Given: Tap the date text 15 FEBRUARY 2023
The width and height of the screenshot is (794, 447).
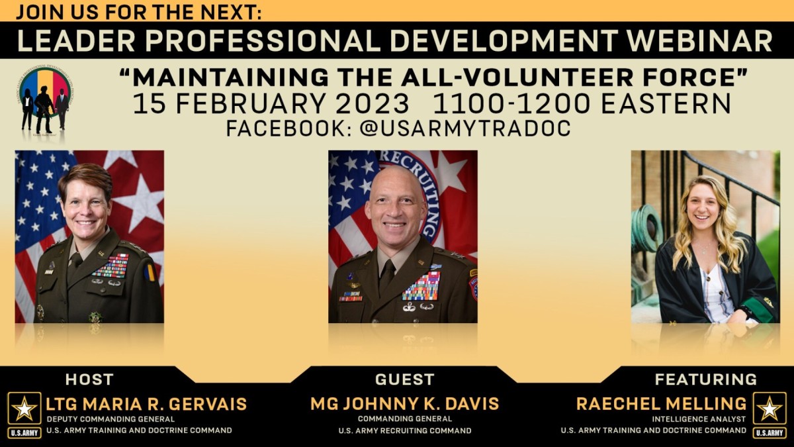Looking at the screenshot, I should [271, 104].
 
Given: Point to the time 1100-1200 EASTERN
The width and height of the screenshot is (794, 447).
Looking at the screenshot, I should [582, 104].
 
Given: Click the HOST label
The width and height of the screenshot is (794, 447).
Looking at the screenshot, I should [89, 379].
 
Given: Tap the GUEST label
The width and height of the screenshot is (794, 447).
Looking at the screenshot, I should [404, 379].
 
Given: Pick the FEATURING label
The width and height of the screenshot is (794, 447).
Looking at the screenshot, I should [705, 379].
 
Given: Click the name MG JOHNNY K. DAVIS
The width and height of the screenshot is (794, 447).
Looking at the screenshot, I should [404, 403].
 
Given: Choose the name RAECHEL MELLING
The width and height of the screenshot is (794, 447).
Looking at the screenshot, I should [661, 403].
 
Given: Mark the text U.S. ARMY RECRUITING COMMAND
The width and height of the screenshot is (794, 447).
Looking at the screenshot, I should [404, 430].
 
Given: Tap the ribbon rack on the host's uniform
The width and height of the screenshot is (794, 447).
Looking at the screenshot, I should [111, 266].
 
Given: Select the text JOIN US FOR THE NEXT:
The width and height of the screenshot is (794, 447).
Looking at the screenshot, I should [138, 11].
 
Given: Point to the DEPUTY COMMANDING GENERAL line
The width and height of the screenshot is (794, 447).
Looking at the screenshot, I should [110, 419].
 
